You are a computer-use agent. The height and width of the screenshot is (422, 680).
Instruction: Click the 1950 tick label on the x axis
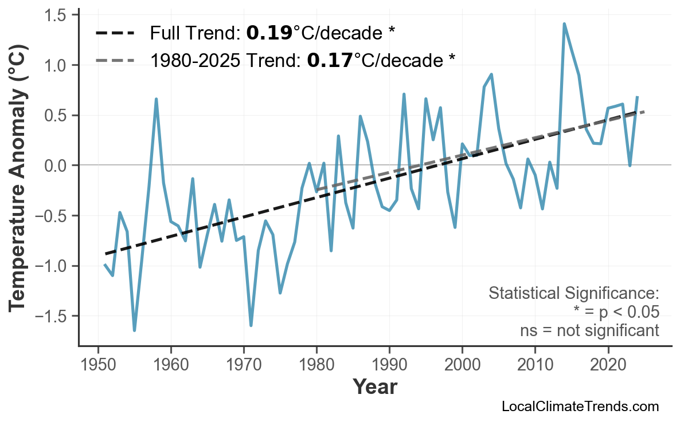tap(98, 364)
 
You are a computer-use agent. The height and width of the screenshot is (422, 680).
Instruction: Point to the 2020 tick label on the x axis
tap(608, 364)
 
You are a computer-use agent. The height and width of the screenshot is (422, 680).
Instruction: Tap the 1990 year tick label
tap(389, 364)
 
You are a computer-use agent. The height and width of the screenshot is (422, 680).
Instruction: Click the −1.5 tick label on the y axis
tap(52, 316)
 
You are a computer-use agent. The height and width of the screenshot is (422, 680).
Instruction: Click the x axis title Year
tap(374, 388)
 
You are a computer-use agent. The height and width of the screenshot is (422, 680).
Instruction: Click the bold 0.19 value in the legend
tap(269, 34)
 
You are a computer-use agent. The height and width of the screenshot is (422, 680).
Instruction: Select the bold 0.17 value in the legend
tap(330, 60)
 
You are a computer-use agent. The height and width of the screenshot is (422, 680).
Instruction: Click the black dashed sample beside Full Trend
tap(115, 34)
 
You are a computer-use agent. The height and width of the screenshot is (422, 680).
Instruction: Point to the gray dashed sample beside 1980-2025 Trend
tap(115, 60)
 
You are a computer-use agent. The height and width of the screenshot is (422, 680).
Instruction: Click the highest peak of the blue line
tap(564, 24)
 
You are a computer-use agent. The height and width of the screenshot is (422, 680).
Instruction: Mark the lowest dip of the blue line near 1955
tap(134, 330)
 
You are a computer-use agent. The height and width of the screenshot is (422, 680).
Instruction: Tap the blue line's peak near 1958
tap(156, 99)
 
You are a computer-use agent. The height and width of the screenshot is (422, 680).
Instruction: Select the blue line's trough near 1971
tap(251, 325)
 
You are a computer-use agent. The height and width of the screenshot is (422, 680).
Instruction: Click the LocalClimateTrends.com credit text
tap(580, 407)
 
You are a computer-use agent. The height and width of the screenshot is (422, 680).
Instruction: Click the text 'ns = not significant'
tap(589, 330)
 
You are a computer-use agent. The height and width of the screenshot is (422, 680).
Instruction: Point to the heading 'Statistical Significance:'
tap(573, 294)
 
